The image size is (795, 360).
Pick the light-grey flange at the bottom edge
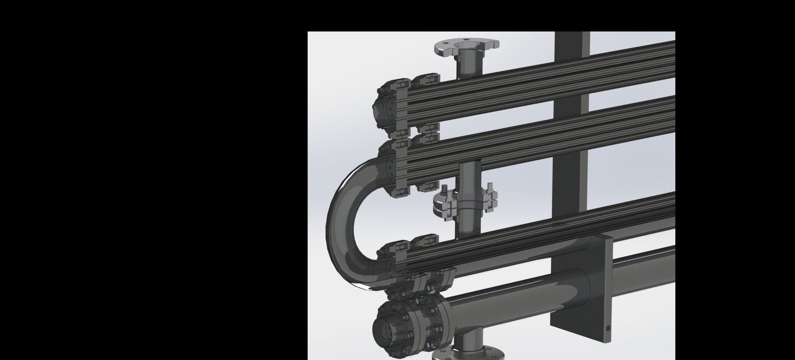(468, 355)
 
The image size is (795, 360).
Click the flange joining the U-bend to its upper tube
(392, 166)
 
